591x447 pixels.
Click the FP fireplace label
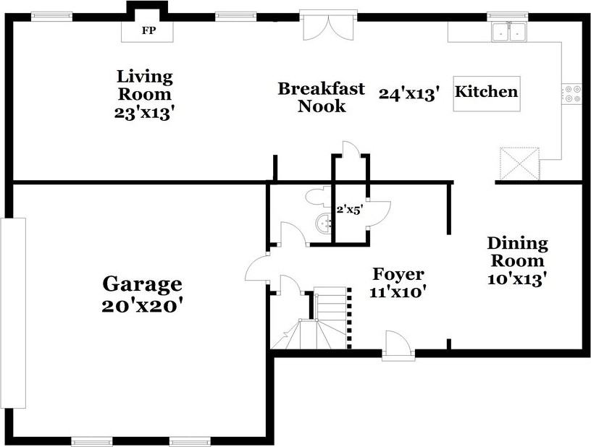[148, 31]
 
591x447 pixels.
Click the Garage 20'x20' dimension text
[143, 306]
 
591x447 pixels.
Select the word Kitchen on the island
[486, 91]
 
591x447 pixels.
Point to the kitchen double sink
[509, 32]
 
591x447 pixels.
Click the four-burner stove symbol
[571, 94]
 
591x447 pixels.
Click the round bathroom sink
[324, 223]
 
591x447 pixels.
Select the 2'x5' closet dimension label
[349, 210]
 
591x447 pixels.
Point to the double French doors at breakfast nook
[329, 27]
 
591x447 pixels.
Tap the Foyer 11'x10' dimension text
[398, 292]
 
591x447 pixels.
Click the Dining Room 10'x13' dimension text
[517, 278]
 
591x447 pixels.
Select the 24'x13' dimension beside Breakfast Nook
[409, 93]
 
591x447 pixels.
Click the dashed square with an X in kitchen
[519, 164]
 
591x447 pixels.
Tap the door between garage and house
[257, 267]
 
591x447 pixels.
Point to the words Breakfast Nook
[322, 98]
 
